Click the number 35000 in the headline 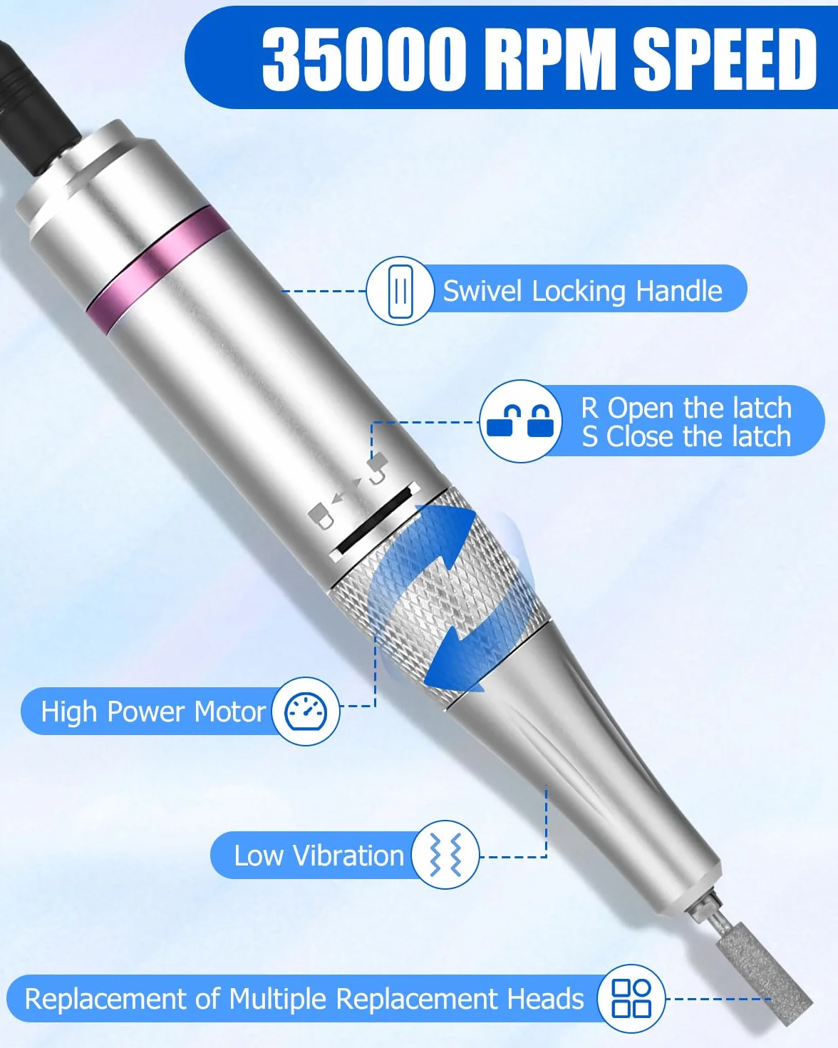[363, 58]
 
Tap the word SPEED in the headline [725, 58]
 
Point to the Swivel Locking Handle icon [400, 291]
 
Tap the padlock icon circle [520, 421]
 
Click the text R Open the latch [686, 408]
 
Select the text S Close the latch [686, 436]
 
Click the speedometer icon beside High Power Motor [305, 711]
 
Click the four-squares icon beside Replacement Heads [631, 998]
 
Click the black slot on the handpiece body [375, 518]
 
